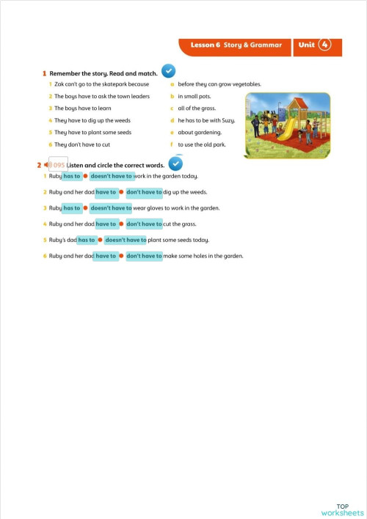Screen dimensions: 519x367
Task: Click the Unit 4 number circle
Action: [x=325, y=45]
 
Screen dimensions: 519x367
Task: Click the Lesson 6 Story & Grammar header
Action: [x=236, y=45]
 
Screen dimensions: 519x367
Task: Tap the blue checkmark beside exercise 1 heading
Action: [x=168, y=71]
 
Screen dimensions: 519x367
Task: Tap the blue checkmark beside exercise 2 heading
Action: [x=175, y=163]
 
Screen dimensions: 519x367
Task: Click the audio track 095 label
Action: [x=57, y=165]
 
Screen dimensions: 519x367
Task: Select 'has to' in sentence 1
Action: [x=72, y=176]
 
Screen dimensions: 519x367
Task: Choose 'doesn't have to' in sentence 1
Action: [x=112, y=176]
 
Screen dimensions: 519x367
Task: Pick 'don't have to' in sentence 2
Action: [x=144, y=192]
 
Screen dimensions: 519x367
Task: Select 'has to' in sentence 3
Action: [x=72, y=208]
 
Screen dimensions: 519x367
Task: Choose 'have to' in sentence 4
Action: [x=106, y=224]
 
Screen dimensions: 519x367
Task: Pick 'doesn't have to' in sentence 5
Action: [x=125, y=240]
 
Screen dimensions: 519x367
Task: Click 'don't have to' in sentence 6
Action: [x=144, y=256]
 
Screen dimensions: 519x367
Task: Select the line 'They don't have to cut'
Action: [x=82, y=144]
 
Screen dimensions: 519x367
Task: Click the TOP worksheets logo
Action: [x=343, y=509]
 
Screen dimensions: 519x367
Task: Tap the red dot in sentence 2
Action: [x=121, y=192]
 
